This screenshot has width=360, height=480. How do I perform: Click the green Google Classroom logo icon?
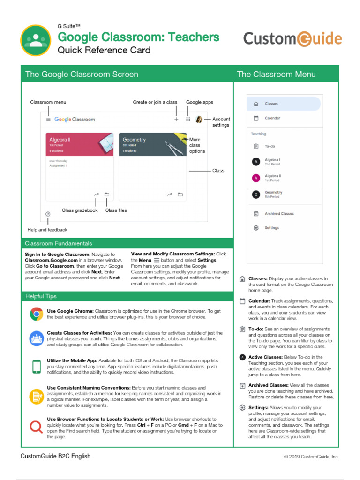point(36,40)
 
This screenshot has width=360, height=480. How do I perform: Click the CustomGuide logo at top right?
point(292,38)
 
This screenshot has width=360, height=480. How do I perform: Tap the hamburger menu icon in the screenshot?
point(48,120)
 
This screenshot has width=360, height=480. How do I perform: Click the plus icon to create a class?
point(176,120)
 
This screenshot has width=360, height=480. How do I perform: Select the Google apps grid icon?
point(188,120)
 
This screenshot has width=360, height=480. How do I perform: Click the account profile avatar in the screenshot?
point(199,120)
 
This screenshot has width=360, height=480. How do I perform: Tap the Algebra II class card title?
point(60,140)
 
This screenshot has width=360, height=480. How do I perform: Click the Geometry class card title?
point(134,140)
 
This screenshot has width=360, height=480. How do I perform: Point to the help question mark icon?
point(48,214)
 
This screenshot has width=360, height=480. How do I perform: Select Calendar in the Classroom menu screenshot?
point(272,118)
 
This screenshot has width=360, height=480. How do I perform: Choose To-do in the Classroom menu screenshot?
point(270,146)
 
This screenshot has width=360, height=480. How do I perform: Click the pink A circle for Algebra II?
point(256,178)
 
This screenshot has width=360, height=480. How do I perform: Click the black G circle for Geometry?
point(256,194)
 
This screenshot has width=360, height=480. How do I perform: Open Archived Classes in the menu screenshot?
point(279,214)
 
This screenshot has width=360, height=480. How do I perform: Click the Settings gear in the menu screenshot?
point(256,228)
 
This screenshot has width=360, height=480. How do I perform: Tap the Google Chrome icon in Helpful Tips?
point(36,314)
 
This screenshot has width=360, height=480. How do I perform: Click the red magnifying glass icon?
point(36,427)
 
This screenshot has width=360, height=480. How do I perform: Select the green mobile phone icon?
point(36,366)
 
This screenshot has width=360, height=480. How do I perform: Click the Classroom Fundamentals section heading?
point(59,243)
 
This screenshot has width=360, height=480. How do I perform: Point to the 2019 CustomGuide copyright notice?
point(311,457)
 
